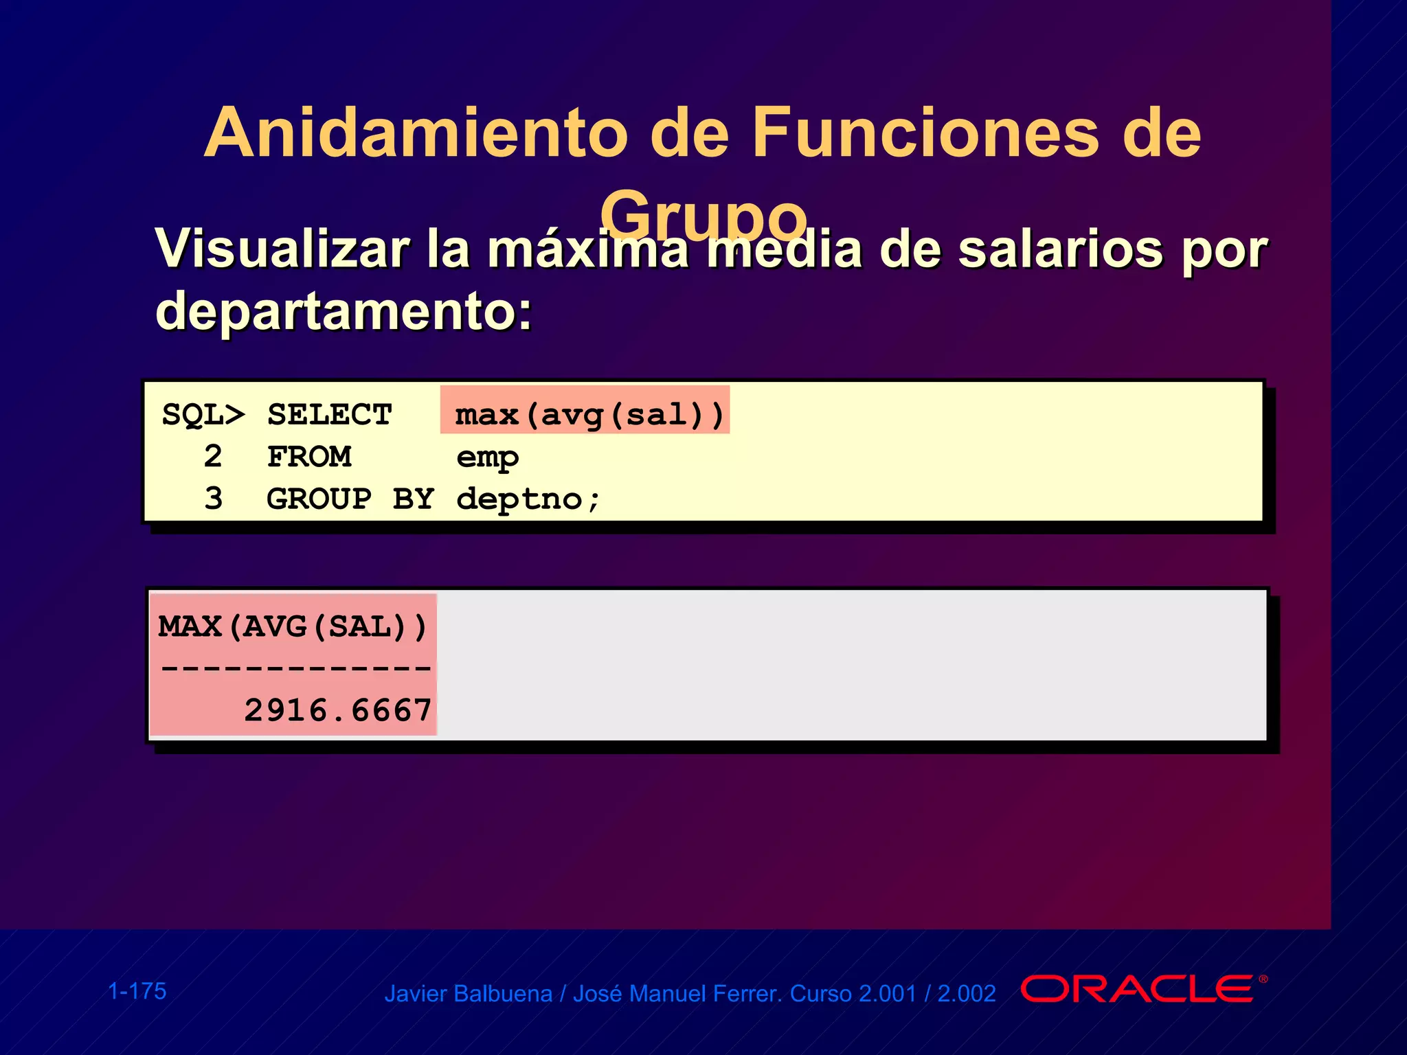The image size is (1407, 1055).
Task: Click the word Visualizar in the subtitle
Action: pos(282,249)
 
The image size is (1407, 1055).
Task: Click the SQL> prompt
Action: pos(203,415)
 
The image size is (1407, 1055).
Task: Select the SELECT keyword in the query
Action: pos(329,415)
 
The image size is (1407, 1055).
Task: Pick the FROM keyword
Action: pos(309,457)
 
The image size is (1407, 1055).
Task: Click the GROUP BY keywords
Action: pos(350,499)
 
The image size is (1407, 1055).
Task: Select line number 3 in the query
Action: pos(213,499)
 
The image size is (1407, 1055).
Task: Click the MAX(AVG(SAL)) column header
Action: pos(293,627)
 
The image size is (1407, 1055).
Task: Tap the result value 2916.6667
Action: pos(338,710)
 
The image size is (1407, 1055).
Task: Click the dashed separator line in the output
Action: pos(295,668)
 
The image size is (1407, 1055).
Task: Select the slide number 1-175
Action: pos(137,991)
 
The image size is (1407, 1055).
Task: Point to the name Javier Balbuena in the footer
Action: pos(468,994)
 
